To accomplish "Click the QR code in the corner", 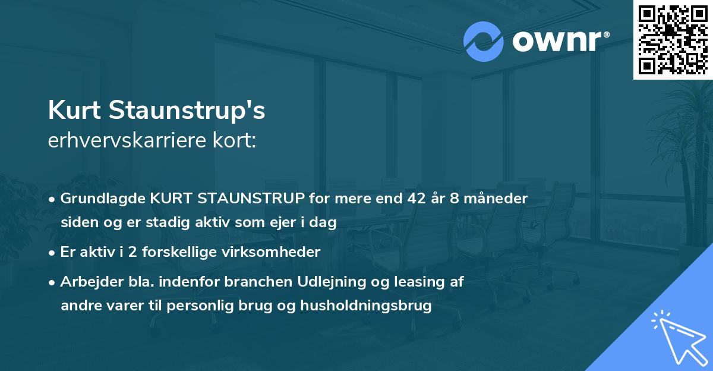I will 673,40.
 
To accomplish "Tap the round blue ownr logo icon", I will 483,42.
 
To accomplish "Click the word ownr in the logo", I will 556,42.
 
